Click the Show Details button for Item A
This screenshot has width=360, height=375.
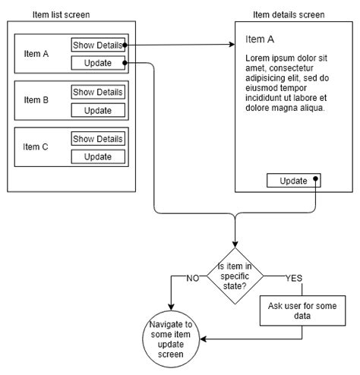(97, 46)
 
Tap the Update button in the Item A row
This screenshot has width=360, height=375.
(97, 63)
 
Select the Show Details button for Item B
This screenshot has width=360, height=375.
(97, 93)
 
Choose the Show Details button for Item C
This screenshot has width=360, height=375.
(97, 139)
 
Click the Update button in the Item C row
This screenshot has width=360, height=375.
(97, 156)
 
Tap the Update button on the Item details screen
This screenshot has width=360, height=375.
(293, 181)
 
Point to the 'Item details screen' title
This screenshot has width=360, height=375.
(289, 14)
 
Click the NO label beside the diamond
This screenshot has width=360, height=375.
(192, 278)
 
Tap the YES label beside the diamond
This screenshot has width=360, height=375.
(293, 278)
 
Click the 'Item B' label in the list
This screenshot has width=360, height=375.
(36, 100)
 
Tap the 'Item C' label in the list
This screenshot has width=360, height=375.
(36, 147)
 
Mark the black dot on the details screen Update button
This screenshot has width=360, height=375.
(316, 181)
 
